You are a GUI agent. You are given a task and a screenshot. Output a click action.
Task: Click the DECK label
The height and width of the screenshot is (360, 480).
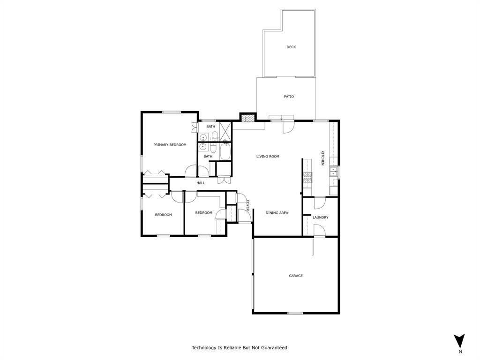pyautogui.click(x=291, y=47)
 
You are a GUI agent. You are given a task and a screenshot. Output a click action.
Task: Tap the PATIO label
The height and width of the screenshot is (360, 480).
pyautogui.click(x=289, y=97)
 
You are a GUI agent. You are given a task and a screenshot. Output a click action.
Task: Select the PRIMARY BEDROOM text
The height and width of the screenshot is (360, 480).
pyautogui.click(x=170, y=145)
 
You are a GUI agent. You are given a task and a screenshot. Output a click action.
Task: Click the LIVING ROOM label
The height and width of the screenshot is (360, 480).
pyautogui.click(x=268, y=157)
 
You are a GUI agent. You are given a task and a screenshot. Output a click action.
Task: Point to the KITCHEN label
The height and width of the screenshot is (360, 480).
pyautogui.click(x=322, y=157)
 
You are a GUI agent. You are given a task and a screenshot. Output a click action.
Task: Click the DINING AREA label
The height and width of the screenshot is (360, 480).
pyautogui.click(x=277, y=213)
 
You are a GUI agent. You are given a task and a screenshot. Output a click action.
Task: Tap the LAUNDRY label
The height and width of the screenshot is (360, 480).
pyautogui.click(x=320, y=217)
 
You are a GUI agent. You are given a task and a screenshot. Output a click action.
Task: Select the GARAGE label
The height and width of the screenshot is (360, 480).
pyautogui.click(x=295, y=276)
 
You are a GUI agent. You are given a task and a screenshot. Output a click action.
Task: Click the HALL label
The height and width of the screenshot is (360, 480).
pyautogui.click(x=201, y=183)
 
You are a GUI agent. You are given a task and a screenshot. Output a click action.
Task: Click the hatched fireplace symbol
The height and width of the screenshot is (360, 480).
pyautogui.click(x=247, y=118)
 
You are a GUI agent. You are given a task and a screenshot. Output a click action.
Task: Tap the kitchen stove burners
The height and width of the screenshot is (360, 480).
pyautogui.click(x=307, y=177)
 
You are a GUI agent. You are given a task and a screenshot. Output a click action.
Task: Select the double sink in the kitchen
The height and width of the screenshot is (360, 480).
pyautogui.click(x=334, y=172)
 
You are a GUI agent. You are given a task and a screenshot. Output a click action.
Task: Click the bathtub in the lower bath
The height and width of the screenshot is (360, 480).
pyautogui.click(x=225, y=152)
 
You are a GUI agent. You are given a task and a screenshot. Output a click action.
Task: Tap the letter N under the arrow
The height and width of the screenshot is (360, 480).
pyautogui.click(x=460, y=352)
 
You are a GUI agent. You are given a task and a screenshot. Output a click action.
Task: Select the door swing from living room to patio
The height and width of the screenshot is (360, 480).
pyautogui.click(x=288, y=127)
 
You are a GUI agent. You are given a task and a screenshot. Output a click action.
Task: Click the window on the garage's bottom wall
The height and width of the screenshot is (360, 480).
pyautogui.click(x=295, y=313)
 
